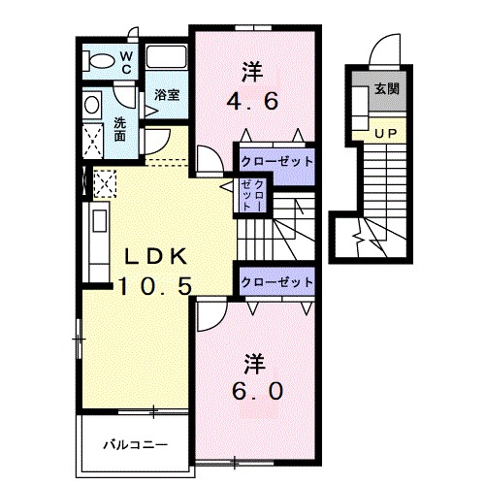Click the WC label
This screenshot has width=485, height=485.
(x=126, y=63)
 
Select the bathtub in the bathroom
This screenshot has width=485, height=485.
(x=166, y=57)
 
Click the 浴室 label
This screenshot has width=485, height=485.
(x=167, y=94)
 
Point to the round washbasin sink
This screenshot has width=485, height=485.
(x=92, y=105)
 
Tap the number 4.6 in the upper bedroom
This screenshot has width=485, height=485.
(x=252, y=102)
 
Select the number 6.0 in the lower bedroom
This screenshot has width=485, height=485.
(x=257, y=391)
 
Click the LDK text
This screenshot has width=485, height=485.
(x=156, y=256)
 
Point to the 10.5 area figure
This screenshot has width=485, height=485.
(x=155, y=286)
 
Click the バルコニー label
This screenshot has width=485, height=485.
(x=136, y=445)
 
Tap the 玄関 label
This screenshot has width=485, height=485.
(x=387, y=88)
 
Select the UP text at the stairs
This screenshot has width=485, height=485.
(x=386, y=133)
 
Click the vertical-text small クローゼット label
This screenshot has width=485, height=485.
(x=252, y=195)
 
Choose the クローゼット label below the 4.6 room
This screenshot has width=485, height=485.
(x=277, y=161)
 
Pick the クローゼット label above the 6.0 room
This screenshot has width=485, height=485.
(x=277, y=282)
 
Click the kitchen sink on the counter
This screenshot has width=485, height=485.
(x=100, y=221)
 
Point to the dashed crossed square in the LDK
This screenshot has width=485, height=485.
(x=105, y=184)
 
